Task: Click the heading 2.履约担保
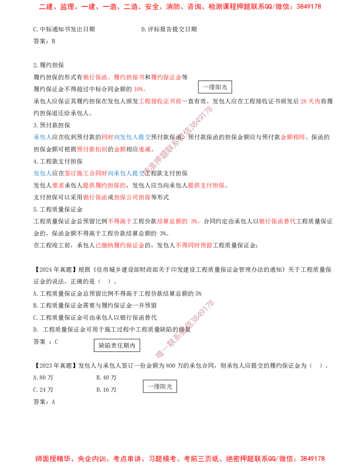pos(49,65)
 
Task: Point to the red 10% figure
pos(139,89)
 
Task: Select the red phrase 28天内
pos(310,101)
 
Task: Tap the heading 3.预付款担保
pos(52,126)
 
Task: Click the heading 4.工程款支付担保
pos(58,161)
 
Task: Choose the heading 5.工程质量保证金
pos(58,209)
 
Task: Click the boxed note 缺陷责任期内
pos(117,345)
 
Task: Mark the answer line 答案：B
pos(44,41)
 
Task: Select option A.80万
pos(43,378)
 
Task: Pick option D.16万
pos(106,389)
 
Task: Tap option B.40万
pos(106,378)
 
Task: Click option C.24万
pos(43,389)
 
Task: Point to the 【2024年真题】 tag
pos(55,270)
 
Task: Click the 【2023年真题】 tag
pos(55,366)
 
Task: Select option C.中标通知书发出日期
pos(64,29)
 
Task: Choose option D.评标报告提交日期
pos(169,29)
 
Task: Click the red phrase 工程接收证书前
pos(160,101)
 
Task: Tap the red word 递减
pos(144,149)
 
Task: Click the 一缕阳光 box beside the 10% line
pos(215,87)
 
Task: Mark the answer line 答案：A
pos(44,402)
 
